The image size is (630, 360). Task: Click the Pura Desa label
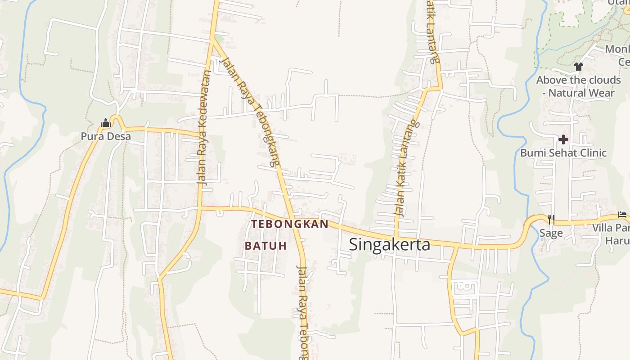(106, 136)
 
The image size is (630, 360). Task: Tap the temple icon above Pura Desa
(106, 122)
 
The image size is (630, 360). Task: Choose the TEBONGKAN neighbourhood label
(290, 224)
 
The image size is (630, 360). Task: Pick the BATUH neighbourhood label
(265, 246)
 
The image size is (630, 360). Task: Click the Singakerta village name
(389, 244)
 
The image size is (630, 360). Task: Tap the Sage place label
(551, 233)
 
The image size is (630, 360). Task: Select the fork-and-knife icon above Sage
(551, 219)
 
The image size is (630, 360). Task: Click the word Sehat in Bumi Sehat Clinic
(562, 153)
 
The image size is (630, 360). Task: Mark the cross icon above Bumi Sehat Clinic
(563, 139)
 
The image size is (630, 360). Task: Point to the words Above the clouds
(578, 80)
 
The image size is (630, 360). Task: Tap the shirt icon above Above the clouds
(578, 67)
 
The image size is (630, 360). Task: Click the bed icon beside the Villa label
(622, 215)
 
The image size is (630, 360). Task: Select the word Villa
(602, 228)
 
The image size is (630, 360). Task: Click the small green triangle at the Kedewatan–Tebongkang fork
(219, 38)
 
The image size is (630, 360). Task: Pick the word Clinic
(593, 153)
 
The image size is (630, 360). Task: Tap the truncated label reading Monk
(617, 49)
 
